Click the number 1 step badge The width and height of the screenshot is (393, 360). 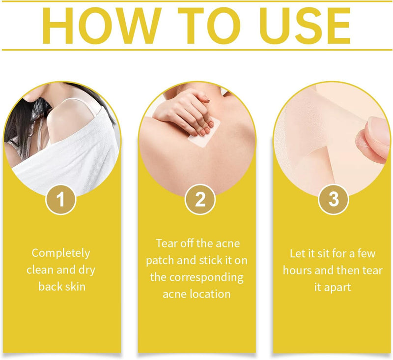60,200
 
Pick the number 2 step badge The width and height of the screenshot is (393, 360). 200,200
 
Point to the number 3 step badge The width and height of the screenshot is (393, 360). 334,200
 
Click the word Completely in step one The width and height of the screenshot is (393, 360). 61,253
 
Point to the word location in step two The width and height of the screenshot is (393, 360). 210,294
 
